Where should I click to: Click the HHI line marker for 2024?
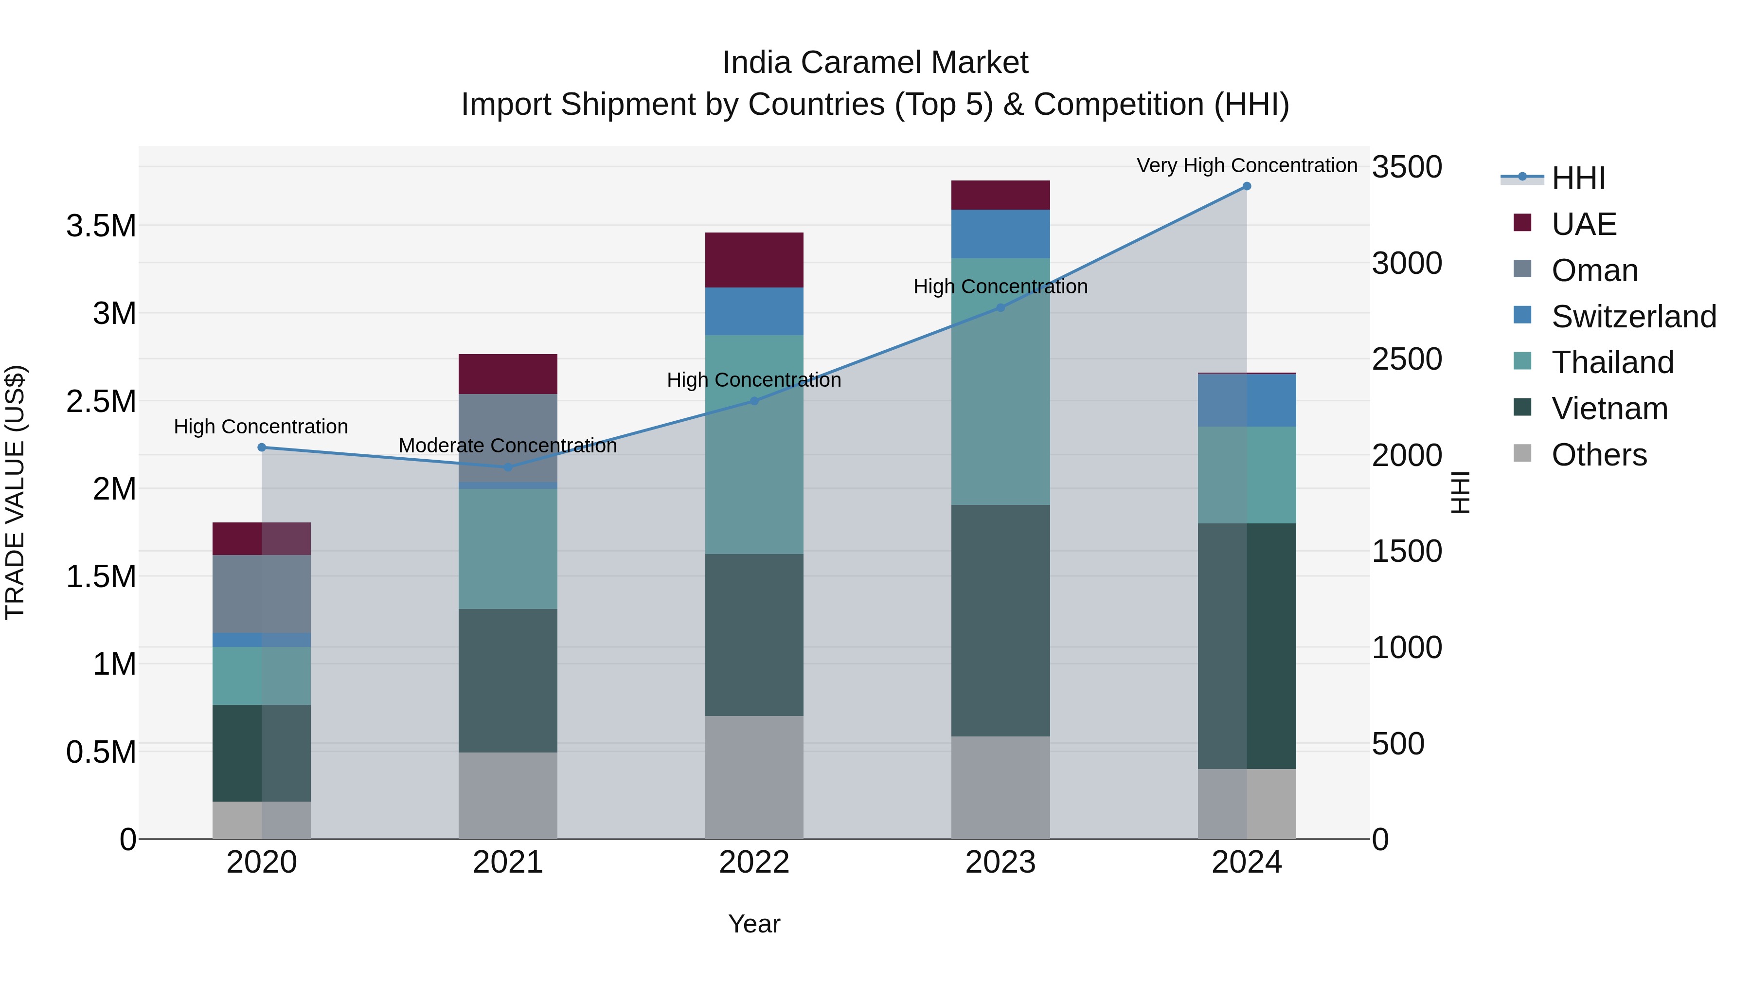(x=1246, y=186)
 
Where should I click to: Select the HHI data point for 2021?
(x=508, y=467)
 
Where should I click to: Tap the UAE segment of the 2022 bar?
(x=754, y=260)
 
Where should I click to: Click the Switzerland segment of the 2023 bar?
(x=1000, y=234)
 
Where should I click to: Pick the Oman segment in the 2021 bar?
(x=508, y=437)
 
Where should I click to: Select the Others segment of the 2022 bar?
(x=754, y=777)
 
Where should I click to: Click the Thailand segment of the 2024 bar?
(x=1246, y=474)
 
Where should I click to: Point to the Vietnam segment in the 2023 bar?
(x=1000, y=620)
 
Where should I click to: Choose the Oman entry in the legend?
(x=1594, y=270)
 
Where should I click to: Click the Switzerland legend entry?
(x=1633, y=317)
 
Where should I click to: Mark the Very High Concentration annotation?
(x=1246, y=165)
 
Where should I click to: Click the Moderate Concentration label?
(x=507, y=446)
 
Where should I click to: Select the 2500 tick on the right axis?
(x=1406, y=359)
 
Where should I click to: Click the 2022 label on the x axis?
(x=754, y=862)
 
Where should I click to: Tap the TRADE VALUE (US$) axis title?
(x=15, y=492)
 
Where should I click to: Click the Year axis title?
(x=754, y=924)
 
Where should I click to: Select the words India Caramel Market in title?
(x=875, y=63)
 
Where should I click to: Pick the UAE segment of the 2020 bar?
(x=261, y=538)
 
